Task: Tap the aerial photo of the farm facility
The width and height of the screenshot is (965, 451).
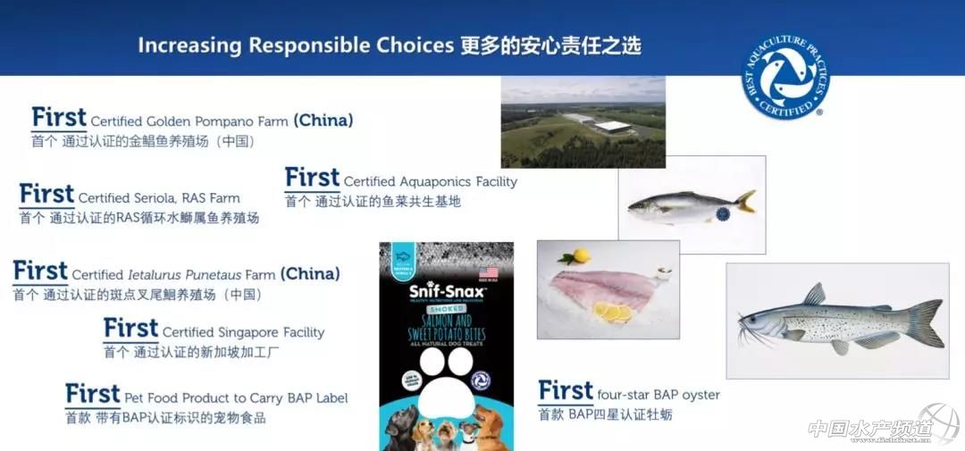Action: click(x=583, y=121)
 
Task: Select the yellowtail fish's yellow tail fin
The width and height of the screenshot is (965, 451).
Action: click(x=744, y=200)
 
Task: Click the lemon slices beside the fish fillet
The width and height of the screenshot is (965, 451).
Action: click(x=612, y=312)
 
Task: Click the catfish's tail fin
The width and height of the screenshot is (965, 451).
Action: click(x=926, y=322)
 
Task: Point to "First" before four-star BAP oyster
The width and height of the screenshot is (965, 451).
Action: click(x=566, y=391)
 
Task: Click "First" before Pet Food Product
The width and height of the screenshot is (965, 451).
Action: click(x=93, y=395)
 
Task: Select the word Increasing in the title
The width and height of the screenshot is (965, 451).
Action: click(x=189, y=46)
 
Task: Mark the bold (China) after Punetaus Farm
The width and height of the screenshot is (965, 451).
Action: click(x=310, y=274)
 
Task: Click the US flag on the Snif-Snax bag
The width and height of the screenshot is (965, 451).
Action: click(x=488, y=273)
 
